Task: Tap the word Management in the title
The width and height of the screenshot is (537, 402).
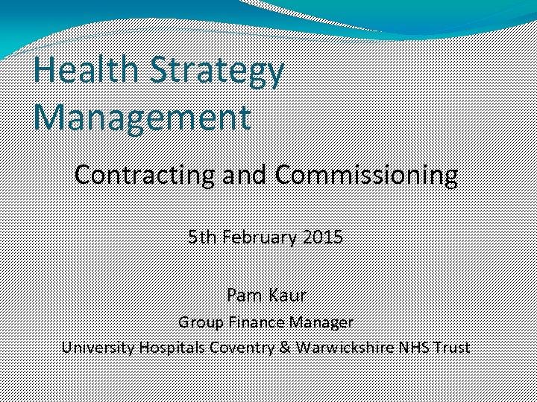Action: click(142, 118)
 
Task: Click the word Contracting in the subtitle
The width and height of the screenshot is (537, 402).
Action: click(142, 175)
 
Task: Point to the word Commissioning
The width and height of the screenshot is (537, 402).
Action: click(365, 175)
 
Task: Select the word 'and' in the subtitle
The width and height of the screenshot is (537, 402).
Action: click(244, 175)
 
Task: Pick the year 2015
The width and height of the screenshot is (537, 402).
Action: click(323, 237)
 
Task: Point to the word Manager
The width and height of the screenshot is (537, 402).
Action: click(320, 322)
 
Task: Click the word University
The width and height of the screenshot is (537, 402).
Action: click(97, 347)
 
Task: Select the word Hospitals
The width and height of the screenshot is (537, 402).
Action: click(171, 347)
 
